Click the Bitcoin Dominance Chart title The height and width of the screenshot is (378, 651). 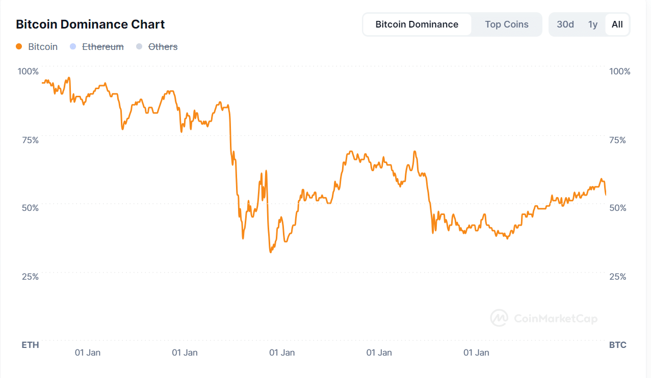point(90,24)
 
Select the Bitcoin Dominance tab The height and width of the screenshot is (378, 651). point(416,24)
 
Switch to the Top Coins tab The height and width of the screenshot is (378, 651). point(506,24)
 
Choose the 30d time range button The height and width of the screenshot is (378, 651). point(565,24)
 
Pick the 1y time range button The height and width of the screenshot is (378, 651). point(592,24)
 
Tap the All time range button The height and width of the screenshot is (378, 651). point(617,24)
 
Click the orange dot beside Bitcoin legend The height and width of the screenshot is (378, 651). point(19,47)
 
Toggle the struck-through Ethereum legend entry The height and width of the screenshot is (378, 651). point(102,47)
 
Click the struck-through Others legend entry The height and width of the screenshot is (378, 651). point(163,47)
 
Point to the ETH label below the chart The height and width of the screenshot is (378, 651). point(30,345)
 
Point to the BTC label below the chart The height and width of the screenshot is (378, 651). point(617,345)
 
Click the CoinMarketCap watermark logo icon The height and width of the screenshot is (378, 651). point(499,318)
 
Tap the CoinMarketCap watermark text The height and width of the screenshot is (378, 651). point(555,319)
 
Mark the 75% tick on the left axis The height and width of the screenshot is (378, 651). point(29,140)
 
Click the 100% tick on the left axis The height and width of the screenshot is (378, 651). point(28,71)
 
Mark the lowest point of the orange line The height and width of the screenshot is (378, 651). point(270,252)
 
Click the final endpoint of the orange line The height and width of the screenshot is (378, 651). point(606,195)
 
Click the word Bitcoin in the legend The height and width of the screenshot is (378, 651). point(43,47)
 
